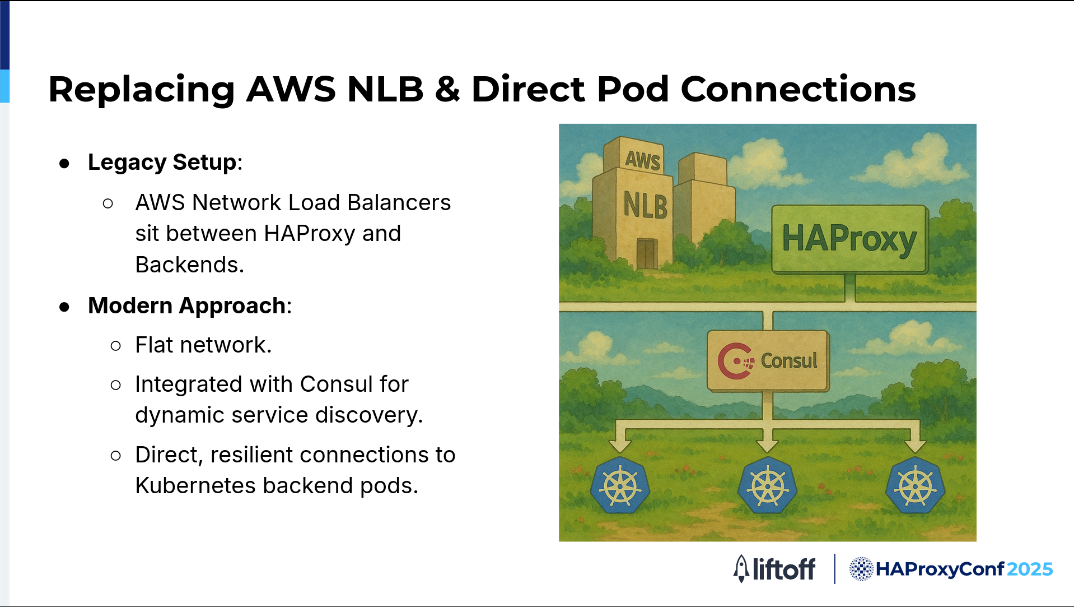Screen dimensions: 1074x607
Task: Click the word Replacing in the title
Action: pyautogui.click(x=142, y=90)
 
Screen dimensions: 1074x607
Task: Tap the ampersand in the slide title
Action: pyautogui.click(x=447, y=89)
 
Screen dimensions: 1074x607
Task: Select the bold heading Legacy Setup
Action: pyautogui.click(x=162, y=163)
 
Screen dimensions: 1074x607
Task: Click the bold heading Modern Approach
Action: pyautogui.click(x=187, y=306)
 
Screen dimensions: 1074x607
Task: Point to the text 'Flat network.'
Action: pyautogui.click(x=203, y=345)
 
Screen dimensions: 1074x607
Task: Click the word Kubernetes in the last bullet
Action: pyautogui.click(x=195, y=485)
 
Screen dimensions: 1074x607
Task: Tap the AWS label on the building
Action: pyautogui.click(x=643, y=160)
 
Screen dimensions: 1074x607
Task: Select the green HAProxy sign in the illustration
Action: pyautogui.click(x=849, y=239)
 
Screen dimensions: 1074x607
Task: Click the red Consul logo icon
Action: pyautogui.click(x=735, y=361)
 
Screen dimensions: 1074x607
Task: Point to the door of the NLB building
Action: pyautogui.click(x=647, y=254)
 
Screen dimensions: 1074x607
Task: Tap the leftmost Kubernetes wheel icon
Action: pyautogui.click(x=620, y=485)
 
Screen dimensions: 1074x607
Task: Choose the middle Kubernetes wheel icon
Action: pyautogui.click(x=768, y=485)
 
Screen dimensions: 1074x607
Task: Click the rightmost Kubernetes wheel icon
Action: pyautogui.click(x=916, y=485)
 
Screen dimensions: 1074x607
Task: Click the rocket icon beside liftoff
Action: pyautogui.click(x=741, y=569)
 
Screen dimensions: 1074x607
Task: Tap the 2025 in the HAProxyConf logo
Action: pyautogui.click(x=1030, y=569)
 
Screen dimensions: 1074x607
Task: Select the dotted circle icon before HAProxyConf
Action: pyautogui.click(x=861, y=569)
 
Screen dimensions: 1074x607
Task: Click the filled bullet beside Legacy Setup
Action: pyautogui.click(x=64, y=164)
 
